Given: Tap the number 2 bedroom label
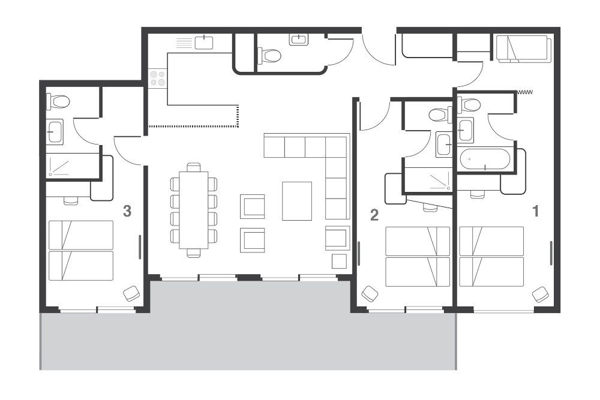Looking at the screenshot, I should (x=374, y=215).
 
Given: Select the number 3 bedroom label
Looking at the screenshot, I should (x=127, y=210).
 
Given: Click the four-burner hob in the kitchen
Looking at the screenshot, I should (x=158, y=78).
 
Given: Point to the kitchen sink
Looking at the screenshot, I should (x=205, y=43).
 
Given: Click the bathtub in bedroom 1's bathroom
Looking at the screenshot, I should (x=485, y=160).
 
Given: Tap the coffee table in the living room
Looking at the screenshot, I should (x=297, y=201).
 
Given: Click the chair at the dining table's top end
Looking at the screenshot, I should (x=193, y=167).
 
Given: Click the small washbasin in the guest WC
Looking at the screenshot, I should (x=299, y=40).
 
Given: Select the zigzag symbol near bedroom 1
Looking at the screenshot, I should (x=526, y=92).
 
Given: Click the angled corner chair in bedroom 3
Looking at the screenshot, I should (x=132, y=294).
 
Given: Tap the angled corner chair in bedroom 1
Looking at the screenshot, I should (x=540, y=294).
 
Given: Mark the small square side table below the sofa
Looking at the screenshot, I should (x=339, y=261).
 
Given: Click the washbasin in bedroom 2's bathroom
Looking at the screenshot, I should (x=444, y=144).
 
